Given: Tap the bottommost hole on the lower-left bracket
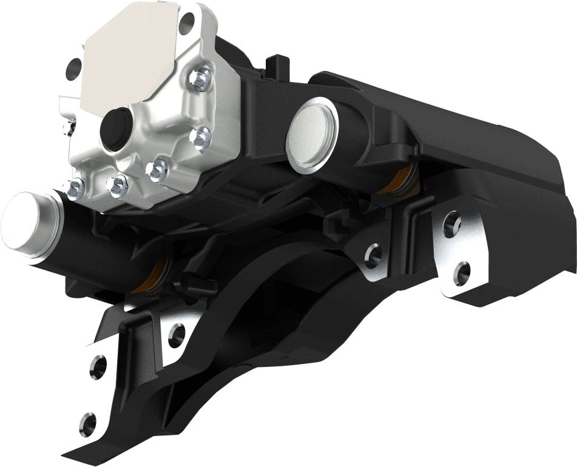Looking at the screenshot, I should [x=89, y=420].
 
